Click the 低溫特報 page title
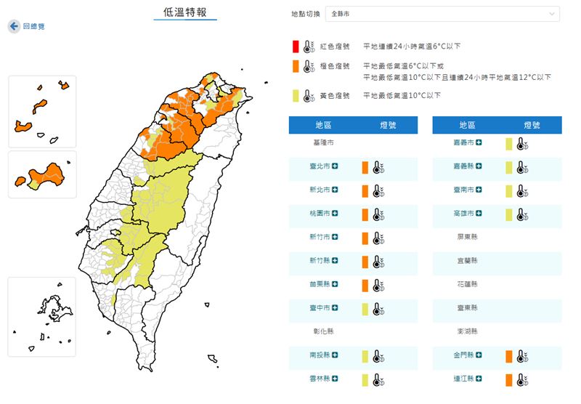[185, 12]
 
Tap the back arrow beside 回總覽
[14, 26]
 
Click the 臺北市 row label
[320, 167]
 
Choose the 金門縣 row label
[463, 356]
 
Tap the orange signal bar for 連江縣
[509, 380]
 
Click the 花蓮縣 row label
[467, 286]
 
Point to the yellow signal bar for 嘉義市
[509, 144]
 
